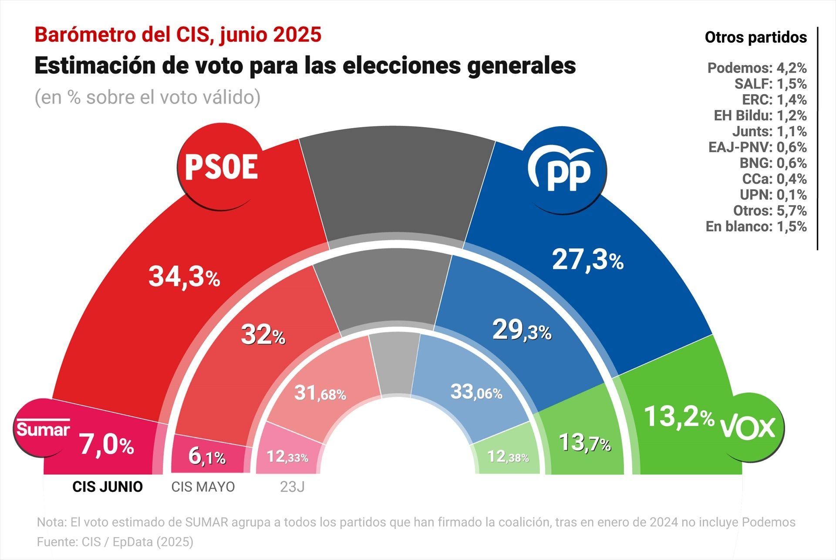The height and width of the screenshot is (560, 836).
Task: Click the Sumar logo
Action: point(43,429)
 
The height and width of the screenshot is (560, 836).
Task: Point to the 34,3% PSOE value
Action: point(184,277)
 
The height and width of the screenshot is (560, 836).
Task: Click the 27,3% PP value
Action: point(587,260)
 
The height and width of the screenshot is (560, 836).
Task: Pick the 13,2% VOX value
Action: point(678,417)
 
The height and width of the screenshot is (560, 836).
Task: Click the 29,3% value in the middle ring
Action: point(522,331)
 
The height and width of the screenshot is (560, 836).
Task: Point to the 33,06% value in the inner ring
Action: point(476,392)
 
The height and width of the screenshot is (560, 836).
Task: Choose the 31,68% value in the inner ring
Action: point(320,393)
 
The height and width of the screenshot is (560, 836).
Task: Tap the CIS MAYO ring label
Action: point(203,487)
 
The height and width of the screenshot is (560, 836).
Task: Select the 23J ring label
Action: point(292,487)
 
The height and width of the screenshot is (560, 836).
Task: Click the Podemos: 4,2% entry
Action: point(757,68)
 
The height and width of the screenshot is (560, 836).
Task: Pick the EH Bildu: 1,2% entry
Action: point(760,115)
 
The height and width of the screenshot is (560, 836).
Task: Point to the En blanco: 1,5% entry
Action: point(756,226)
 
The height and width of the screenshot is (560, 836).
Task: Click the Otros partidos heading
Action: point(755,37)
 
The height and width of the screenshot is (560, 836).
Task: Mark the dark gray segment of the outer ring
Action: point(397,183)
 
